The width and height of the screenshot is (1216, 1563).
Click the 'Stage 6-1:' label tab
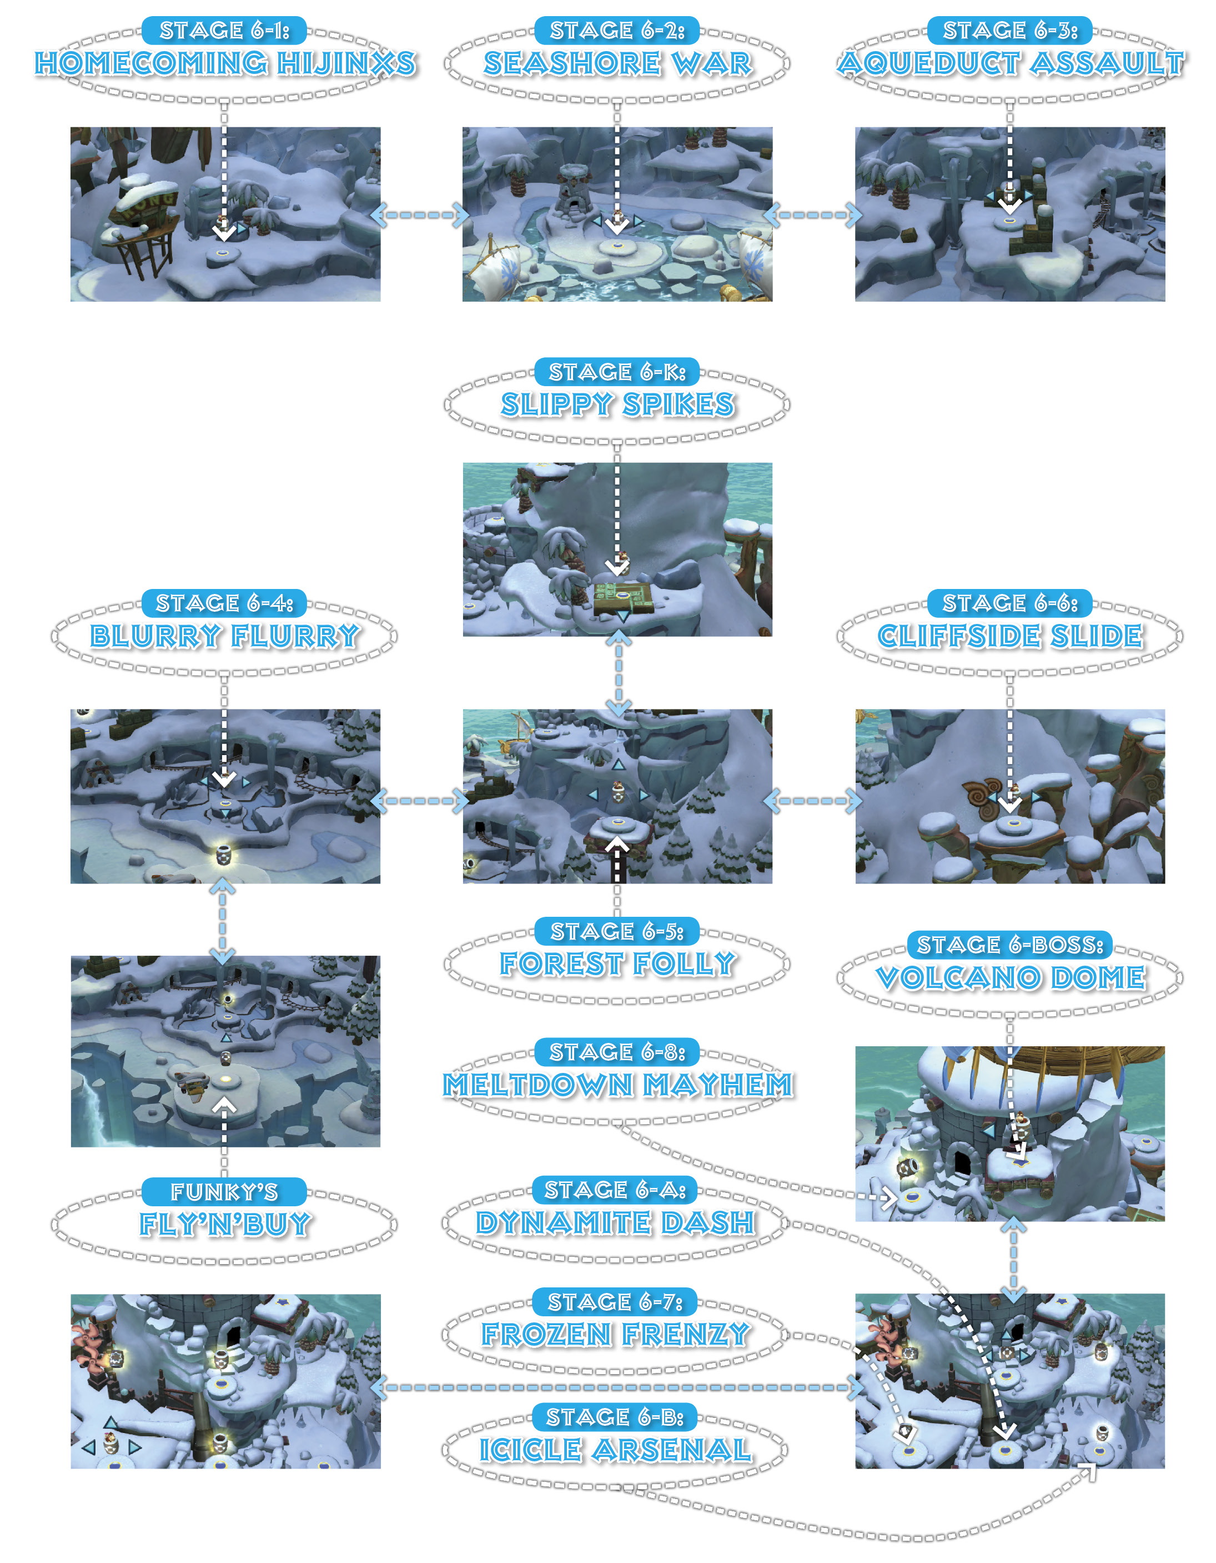click(224, 30)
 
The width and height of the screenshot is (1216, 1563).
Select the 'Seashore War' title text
click(617, 63)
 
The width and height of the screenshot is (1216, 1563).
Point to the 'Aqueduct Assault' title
click(1010, 63)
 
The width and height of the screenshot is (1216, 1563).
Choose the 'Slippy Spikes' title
click(617, 405)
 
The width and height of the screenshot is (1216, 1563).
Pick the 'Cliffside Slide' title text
click(1010, 636)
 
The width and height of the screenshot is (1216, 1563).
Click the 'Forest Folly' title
click(617, 963)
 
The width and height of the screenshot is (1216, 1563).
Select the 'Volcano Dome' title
click(1010, 977)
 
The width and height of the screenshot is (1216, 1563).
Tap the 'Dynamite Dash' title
click(615, 1222)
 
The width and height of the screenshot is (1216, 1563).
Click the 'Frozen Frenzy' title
click(615, 1334)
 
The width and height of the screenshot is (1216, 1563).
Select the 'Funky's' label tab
click(224, 1192)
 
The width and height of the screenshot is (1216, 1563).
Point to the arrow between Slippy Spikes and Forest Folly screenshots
click(618, 673)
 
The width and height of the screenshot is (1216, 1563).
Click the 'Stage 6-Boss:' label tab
click(1010, 945)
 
